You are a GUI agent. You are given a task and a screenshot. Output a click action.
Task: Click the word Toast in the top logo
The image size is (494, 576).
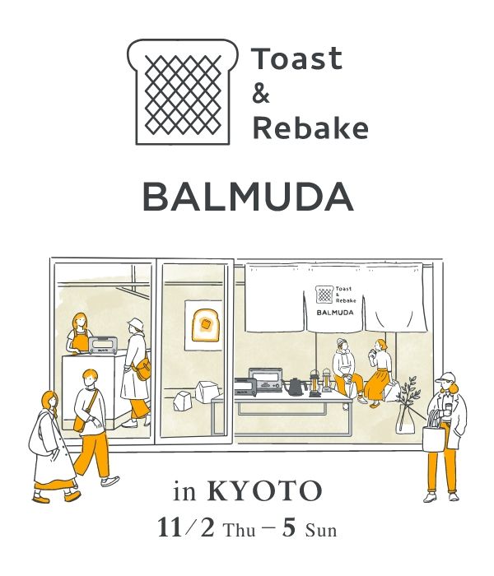[x=298, y=58]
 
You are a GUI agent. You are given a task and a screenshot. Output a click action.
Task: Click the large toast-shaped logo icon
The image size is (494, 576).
[x=183, y=92]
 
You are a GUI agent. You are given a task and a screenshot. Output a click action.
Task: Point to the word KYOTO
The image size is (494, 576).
[x=264, y=490]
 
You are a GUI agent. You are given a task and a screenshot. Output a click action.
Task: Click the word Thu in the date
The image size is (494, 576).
[x=240, y=531]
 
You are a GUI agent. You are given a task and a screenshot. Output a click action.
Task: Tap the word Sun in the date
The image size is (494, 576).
[x=321, y=531]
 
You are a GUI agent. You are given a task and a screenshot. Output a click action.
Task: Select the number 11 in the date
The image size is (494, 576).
[x=170, y=528]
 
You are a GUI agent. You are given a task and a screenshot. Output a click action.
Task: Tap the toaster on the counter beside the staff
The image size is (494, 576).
[x=103, y=345]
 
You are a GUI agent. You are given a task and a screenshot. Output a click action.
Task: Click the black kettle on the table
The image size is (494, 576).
[x=296, y=387]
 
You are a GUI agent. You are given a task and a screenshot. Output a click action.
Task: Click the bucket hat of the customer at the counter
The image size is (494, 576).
[x=134, y=324]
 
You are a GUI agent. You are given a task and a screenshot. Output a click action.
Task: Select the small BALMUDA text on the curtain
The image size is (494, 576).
[x=335, y=312]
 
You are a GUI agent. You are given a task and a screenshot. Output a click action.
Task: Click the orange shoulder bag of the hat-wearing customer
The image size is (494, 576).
[x=143, y=369]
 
